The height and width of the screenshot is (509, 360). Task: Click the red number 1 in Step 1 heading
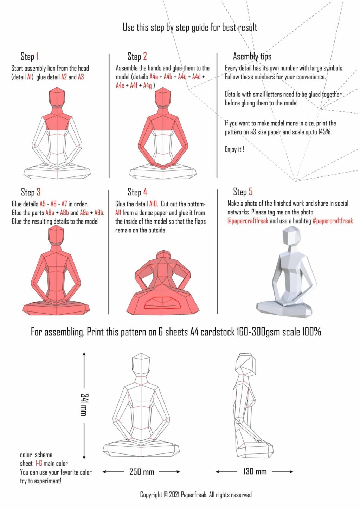click(37, 56)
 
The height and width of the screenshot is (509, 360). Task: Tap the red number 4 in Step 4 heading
click(145, 192)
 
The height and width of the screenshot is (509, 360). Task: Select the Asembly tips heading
click(252, 56)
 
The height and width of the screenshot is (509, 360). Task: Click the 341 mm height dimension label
click(84, 405)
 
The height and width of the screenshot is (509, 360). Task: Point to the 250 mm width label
click(142, 472)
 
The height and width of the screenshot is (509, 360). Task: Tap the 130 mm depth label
click(255, 471)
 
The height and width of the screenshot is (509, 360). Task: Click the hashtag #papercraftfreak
click(332, 221)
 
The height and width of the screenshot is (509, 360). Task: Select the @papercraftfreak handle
click(247, 221)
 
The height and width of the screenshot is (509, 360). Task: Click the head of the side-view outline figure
click(246, 364)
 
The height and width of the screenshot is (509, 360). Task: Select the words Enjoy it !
click(234, 149)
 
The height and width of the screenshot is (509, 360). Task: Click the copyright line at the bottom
click(196, 495)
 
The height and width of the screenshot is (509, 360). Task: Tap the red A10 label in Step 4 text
click(153, 204)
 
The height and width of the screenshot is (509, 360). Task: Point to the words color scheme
click(36, 455)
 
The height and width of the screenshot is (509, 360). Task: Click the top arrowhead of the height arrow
click(84, 353)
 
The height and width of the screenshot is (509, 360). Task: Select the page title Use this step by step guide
click(190, 27)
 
